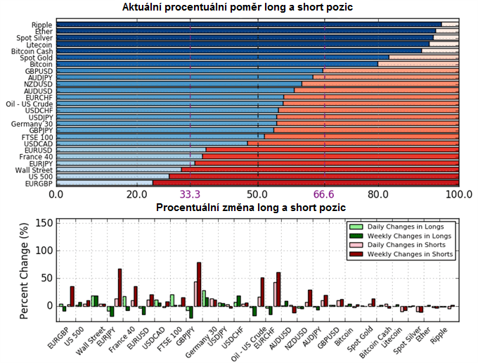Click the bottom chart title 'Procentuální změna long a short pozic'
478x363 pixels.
tap(250, 208)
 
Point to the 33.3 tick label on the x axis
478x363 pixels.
tap(190, 195)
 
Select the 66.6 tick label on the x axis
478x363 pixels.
tap(325, 195)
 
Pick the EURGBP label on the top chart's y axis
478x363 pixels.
tap(36, 183)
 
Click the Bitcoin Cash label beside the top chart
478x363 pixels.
tap(32, 51)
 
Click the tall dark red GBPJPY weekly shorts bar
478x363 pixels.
tap(199, 284)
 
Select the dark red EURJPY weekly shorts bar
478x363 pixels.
tap(120, 288)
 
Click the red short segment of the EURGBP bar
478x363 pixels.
tap(306, 183)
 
